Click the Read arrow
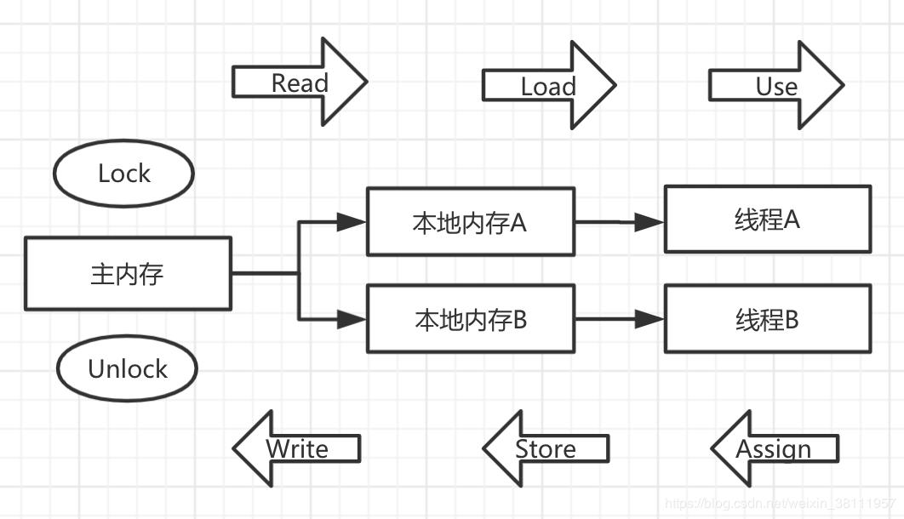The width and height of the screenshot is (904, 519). tap(298, 83)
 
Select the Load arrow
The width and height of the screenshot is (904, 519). tap(547, 86)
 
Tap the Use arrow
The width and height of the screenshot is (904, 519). tap(775, 86)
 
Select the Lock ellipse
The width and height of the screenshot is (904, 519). tap(123, 174)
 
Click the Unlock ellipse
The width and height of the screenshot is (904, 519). tap(127, 368)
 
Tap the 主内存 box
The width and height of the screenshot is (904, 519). tap(128, 274)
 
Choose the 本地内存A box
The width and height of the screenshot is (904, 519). tap(470, 222)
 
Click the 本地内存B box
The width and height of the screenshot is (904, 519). tap(470, 320)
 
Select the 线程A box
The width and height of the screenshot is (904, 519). tap(767, 220)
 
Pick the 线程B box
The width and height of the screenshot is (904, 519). tap(767, 319)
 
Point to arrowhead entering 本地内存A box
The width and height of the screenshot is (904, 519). tap(351, 222)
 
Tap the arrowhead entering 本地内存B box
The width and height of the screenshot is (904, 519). tap(351, 320)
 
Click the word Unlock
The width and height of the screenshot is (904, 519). tap(128, 369)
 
